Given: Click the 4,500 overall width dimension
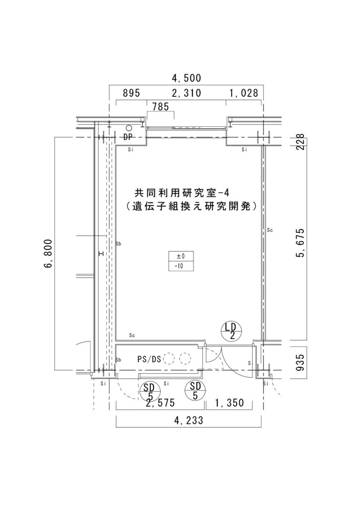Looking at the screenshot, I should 186,78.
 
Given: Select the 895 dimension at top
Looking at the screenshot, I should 132,93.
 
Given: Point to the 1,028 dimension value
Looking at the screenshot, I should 244,93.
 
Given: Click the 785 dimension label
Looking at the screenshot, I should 161,106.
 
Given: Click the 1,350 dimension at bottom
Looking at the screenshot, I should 229,403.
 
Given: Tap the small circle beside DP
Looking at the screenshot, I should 129,128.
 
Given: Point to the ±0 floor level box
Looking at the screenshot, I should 180,256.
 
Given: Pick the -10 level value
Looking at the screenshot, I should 180,266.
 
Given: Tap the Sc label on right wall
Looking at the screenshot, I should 270,230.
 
